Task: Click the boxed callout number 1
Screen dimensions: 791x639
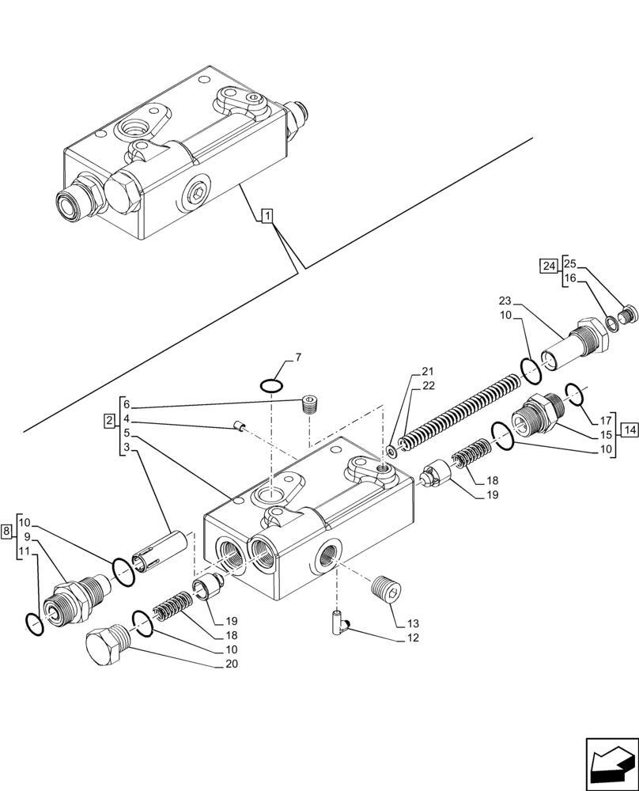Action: click(x=267, y=216)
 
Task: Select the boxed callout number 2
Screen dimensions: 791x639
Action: click(x=108, y=420)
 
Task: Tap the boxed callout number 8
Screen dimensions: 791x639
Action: click(x=6, y=532)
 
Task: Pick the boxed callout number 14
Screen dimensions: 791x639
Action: click(x=629, y=430)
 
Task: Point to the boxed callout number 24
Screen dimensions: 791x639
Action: click(x=548, y=266)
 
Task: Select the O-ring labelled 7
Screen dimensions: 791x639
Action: click(x=271, y=385)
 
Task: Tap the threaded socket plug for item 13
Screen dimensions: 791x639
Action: click(x=387, y=590)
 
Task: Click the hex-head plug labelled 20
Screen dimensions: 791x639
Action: click(x=105, y=645)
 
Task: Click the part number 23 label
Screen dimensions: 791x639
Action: click(x=505, y=300)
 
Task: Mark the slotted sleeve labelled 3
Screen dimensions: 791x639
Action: click(x=163, y=551)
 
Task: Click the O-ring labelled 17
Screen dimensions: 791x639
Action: click(x=576, y=393)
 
